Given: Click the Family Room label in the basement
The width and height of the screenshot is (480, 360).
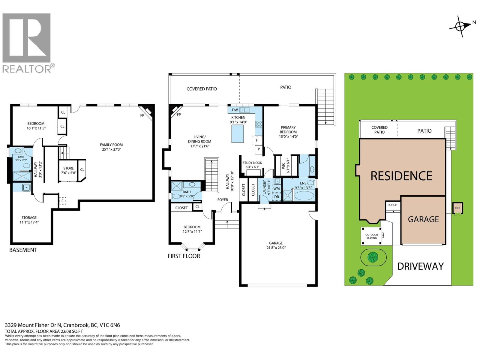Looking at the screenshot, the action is pyautogui.click(x=111, y=145).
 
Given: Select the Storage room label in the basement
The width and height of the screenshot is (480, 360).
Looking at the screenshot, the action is pyautogui.click(x=29, y=217).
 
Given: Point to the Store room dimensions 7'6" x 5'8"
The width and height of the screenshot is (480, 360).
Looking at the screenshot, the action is pyautogui.click(x=69, y=173).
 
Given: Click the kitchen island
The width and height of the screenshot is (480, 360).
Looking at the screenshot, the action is pyautogui.click(x=238, y=133).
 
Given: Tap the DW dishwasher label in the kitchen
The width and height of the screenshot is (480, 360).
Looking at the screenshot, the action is pyautogui.click(x=235, y=110).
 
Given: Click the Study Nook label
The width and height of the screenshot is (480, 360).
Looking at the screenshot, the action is pyautogui.click(x=252, y=163).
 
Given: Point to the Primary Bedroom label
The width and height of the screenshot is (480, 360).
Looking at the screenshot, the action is pyautogui.click(x=288, y=130).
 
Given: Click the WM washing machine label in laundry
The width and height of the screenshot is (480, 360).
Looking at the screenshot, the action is pyautogui.click(x=276, y=188).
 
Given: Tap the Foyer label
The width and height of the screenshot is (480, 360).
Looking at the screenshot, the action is pyautogui.click(x=223, y=200).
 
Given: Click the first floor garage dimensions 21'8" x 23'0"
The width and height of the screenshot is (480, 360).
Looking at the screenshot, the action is pyautogui.click(x=276, y=248).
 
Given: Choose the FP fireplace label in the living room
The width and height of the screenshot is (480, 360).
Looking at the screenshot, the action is pyautogui.click(x=179, y=115).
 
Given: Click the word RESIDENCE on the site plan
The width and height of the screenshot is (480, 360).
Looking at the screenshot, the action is pyautogui.click(x=401, y=176).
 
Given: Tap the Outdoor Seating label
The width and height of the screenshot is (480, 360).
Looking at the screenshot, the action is pyautogui.click(x=371, y=236).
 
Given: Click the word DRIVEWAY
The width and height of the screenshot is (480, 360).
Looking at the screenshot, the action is pyautogui.click(x=420, y=266).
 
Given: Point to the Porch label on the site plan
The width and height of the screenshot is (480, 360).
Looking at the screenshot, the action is pyautogui.click(x=392, y=205).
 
